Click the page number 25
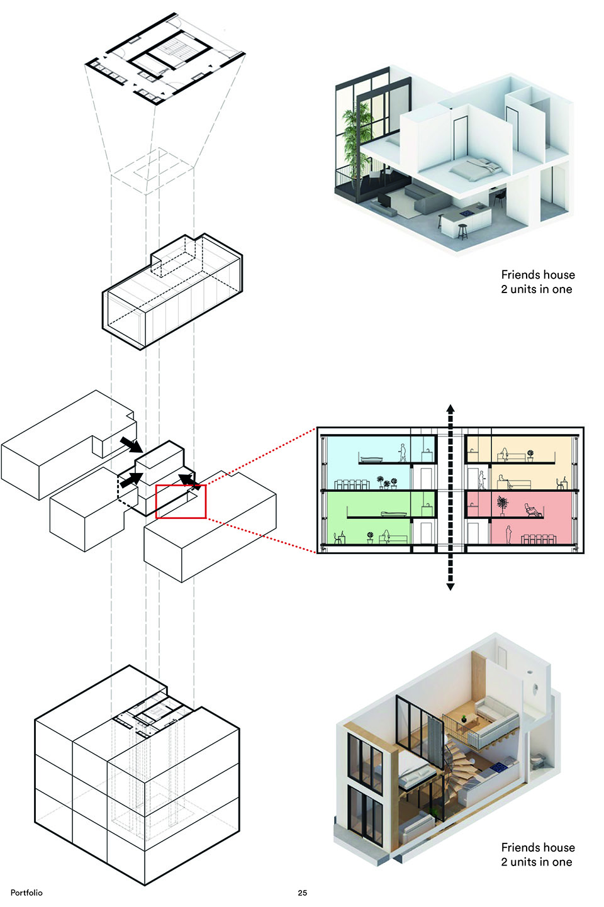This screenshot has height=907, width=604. [x=302, y=893]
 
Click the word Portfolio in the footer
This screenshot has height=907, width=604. [x=26, y=893]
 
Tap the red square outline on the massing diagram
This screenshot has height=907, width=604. [x=181, y=501]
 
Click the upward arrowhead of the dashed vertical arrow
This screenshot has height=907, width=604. [x=450, y=409]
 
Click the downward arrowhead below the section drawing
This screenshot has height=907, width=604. [x=450, y=586]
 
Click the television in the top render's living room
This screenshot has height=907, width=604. [x=383, y=201]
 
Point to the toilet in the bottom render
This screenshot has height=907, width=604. [x=535, y=761]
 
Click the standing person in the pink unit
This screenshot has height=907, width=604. [x=508, y=534]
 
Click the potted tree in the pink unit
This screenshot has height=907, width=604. [x=501, y=504]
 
